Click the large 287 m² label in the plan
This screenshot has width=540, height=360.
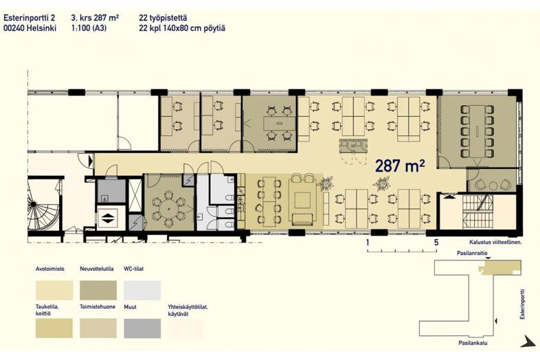pos(400,166)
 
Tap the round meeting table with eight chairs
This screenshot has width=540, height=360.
pos(169,209)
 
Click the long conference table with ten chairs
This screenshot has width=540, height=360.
pos(477,131)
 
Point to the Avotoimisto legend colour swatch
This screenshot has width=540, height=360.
pos(54,290)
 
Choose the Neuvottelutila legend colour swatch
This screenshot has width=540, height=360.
pos(98,290)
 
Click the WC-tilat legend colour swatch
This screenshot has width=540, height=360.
pos(142,290)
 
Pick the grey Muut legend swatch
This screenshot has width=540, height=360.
pos(142,328)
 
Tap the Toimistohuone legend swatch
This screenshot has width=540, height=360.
pos(98,328)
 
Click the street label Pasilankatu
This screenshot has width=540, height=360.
pos(473,343)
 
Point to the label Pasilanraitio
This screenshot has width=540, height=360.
pos(472,254)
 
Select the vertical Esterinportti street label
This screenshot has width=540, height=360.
pos(523,304)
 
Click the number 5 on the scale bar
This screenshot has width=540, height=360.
pos(436,243)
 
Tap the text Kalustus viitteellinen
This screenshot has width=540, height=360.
pos(495,243)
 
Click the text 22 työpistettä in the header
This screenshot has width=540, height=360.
pos(164,18)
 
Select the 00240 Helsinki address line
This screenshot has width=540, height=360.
pos(30,28)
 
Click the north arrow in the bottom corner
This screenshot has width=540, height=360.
pos(527,341)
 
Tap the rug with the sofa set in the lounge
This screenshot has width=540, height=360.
pos(302,201)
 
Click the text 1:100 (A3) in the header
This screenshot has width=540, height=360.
pos(89,28)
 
